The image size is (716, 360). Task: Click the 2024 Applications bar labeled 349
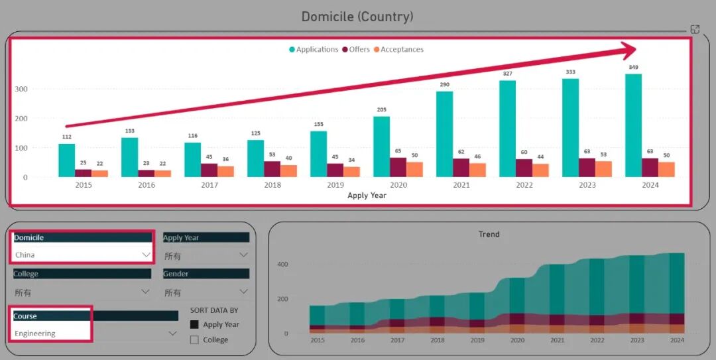[633, 125]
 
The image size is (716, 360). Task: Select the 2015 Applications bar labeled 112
[66, 160]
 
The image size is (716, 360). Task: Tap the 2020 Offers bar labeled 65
[398, 167]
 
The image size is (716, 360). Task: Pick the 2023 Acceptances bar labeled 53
[603, 169]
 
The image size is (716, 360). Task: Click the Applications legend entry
[314, 50]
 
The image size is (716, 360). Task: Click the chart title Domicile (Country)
[357, 17]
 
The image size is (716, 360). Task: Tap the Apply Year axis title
[367, 196]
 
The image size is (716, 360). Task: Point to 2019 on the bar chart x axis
[335, 185]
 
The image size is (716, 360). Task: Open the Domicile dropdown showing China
[146, 255]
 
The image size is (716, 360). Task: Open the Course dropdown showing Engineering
[172, 333]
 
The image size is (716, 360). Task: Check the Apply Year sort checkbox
[194, 325]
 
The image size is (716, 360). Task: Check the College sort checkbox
[194, 340]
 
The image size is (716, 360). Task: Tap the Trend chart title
[489, 234]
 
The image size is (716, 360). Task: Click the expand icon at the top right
[695, 29]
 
